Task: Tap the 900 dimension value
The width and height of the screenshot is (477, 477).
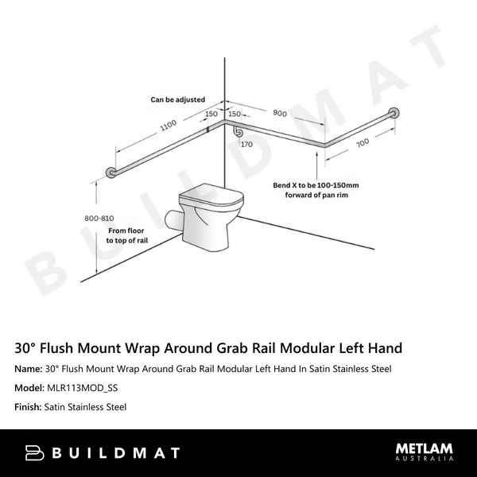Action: pos(279,114)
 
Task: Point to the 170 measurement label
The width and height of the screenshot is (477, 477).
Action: pos(246,145)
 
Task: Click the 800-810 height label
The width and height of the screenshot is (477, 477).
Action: pos(99,215)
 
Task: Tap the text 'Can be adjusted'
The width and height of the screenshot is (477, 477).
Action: pos(178,100)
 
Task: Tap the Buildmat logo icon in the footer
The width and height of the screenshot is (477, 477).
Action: pos(34,452)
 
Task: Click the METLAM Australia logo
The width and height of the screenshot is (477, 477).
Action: pos(425,452)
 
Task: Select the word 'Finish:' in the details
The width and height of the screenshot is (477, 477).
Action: pos(29,407)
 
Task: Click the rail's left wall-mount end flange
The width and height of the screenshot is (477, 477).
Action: pos(111,174)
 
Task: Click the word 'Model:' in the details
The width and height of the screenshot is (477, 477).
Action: pos(29,388)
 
